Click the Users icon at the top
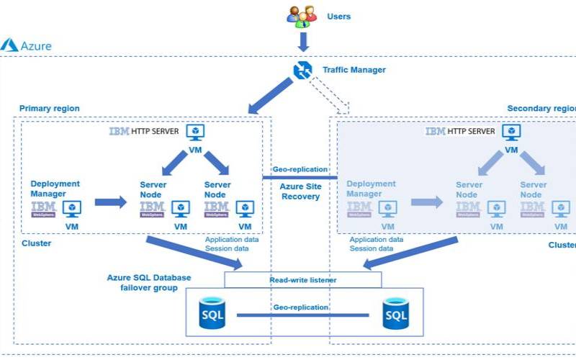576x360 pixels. [x=302, y=15]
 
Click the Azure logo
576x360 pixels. [x=9, y=45]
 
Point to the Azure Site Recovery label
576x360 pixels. [x=301, y=191]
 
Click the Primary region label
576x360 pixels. [x=49, y=109]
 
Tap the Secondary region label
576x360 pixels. [x=541, y=109]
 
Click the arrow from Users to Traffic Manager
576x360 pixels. [x=302, y=42]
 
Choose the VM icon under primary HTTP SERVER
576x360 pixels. [x=194, y=132]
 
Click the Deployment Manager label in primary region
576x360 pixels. [x=55, y=189]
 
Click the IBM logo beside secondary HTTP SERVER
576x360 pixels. [x=435, y=132]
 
